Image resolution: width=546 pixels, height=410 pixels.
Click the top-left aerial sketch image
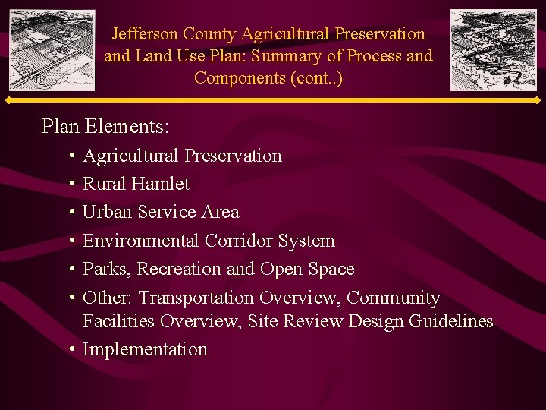[52, 50]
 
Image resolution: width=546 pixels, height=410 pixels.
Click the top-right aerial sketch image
[493, 50]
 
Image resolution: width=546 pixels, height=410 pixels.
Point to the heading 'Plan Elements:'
[105, 125]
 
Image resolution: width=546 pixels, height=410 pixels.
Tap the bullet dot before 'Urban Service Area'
[70, 213]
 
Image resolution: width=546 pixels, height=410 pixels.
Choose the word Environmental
[133, 241]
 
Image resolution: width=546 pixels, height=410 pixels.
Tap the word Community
[393, 298]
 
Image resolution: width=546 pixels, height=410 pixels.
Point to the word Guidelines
[450, 321]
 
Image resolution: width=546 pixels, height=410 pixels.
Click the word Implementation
[145, 350]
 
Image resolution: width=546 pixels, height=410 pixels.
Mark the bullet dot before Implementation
[70, 350]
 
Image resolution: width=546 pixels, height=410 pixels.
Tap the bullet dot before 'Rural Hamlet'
[70, 184]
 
